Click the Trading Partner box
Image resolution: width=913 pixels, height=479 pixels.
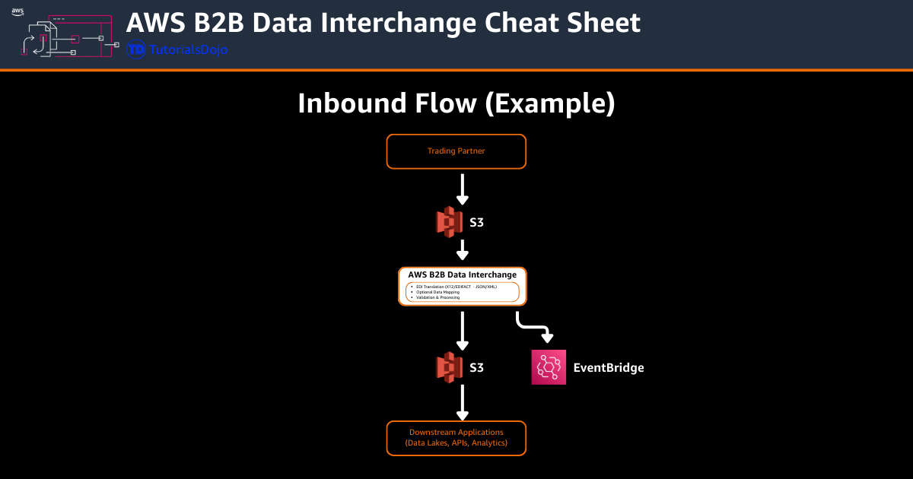tap(456, 151)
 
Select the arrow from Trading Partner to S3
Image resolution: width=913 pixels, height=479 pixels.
tap(462, 189)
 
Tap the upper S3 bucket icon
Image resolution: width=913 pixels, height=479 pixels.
tap(449, 222)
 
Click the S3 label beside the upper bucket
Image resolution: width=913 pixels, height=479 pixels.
tap(476, 222)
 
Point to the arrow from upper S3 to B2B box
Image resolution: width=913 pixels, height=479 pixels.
tap(462, 249)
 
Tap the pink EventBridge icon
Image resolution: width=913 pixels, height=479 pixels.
tap(549, 367)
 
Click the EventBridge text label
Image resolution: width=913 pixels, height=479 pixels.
tap(608, 368)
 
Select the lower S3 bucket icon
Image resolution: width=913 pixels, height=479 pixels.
tap(449, 367)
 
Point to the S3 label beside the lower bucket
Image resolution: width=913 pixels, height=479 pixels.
tap(476, 368)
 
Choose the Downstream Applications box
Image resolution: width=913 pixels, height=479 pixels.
tap(456, 437)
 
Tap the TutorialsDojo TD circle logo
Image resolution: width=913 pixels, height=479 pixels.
tap(136, 50)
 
